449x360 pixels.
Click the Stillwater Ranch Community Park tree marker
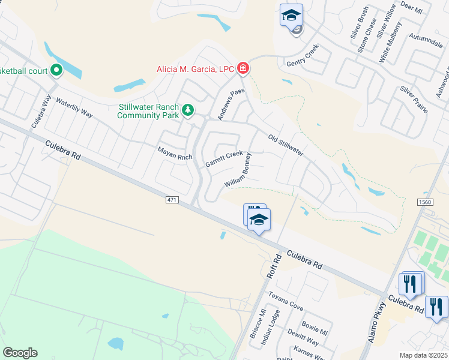188,110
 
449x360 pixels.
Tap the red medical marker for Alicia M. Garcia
243,69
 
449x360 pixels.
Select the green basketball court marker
56,71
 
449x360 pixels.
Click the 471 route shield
171,198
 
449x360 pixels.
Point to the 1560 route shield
424,202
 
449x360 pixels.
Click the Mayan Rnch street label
175,153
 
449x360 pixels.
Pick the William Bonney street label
238,169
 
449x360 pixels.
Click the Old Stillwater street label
286,145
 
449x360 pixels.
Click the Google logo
20,353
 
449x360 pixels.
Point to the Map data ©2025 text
424,355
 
